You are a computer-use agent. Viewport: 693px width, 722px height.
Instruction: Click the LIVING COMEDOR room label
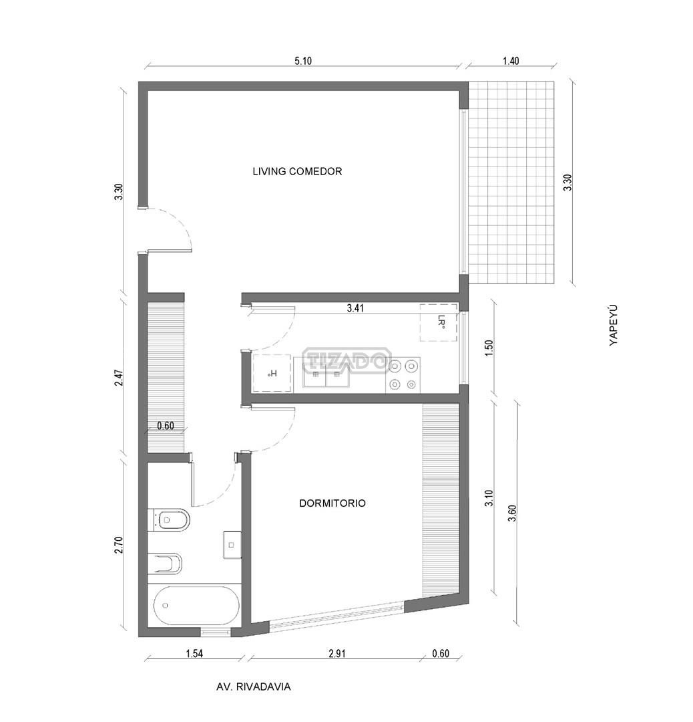click(297, 171)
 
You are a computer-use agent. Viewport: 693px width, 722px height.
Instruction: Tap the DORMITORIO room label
click(332, 503)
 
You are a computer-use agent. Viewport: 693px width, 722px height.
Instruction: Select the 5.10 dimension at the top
click(303, 61)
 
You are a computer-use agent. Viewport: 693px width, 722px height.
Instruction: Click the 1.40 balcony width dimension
click(511, 61)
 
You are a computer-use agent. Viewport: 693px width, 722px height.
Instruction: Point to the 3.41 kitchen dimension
click(355, 308)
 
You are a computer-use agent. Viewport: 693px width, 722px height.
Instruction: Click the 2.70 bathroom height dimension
click(120, 545)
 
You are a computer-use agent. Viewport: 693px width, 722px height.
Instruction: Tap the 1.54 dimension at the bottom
click(194, 653)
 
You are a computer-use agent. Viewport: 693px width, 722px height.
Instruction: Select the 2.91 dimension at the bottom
click(337, 653)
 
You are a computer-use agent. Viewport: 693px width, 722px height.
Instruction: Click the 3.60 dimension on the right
click(512, 513)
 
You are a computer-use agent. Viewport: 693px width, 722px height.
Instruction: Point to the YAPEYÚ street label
click(613, 325)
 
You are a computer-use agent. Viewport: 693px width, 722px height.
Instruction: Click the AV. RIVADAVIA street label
click(254, 687)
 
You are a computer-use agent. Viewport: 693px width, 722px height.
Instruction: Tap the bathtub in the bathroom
click(194, 606)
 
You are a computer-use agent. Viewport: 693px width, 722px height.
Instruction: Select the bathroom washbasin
click(232, 545)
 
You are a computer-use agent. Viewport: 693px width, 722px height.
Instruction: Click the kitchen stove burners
click(403, 375)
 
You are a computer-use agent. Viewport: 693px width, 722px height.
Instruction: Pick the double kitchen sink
click(326, 374)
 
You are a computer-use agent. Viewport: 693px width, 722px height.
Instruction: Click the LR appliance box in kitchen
click(438, 322)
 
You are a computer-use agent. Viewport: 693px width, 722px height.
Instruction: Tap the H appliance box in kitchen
click(272, 374)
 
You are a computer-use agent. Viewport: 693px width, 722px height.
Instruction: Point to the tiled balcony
click(511, 183)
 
